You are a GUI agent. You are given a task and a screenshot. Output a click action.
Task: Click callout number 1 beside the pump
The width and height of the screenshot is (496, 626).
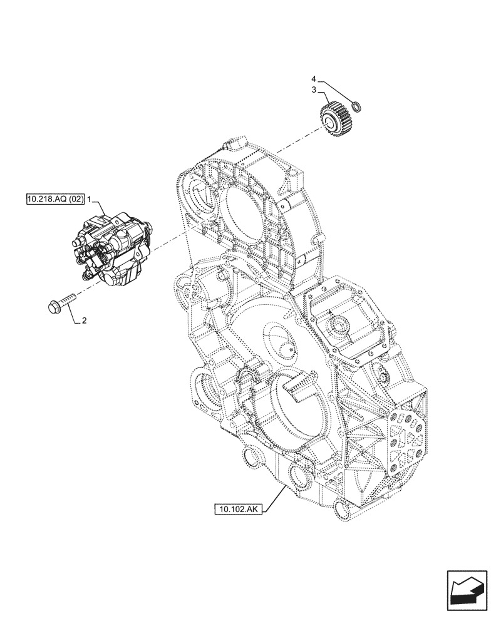pyautogui.click(x=90, y=199)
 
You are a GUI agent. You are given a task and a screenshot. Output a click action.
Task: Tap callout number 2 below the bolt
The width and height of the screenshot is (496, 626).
pyautogui.click(x=84, y=322)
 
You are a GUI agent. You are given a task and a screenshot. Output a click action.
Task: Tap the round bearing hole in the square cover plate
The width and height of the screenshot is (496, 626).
pyautogui.click(x=340, y=324)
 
